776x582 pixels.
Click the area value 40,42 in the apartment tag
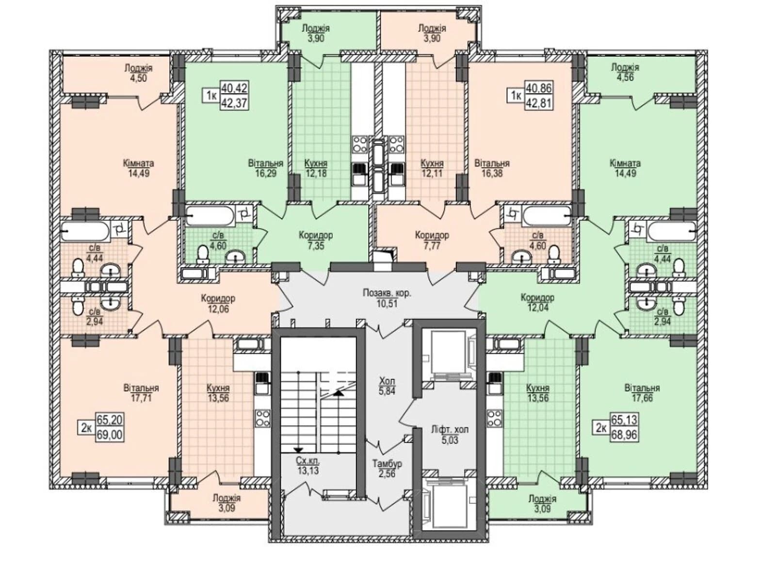[234, 87]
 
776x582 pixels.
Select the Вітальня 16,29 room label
[266, 168]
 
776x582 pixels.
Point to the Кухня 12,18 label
[316, 168]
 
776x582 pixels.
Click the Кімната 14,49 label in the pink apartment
[139, 168]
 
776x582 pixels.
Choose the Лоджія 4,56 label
[625, 72]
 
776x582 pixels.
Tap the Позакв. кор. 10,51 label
[387, 298]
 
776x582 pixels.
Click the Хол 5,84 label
[387, 386]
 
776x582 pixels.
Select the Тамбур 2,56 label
[387, 468]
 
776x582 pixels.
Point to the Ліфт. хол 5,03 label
[450, 435]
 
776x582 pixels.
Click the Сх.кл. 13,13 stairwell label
[310, 465]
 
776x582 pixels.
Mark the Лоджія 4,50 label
[138, 73]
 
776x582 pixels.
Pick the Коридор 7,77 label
[432, 240]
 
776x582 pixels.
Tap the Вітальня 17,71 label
[141, 393]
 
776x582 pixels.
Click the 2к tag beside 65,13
[600, 428]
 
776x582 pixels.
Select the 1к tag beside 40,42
[211, 96]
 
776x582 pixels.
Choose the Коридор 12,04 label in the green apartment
[537, 302]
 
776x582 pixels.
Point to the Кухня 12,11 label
[432, 168]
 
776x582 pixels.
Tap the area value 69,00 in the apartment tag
[110, 434]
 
